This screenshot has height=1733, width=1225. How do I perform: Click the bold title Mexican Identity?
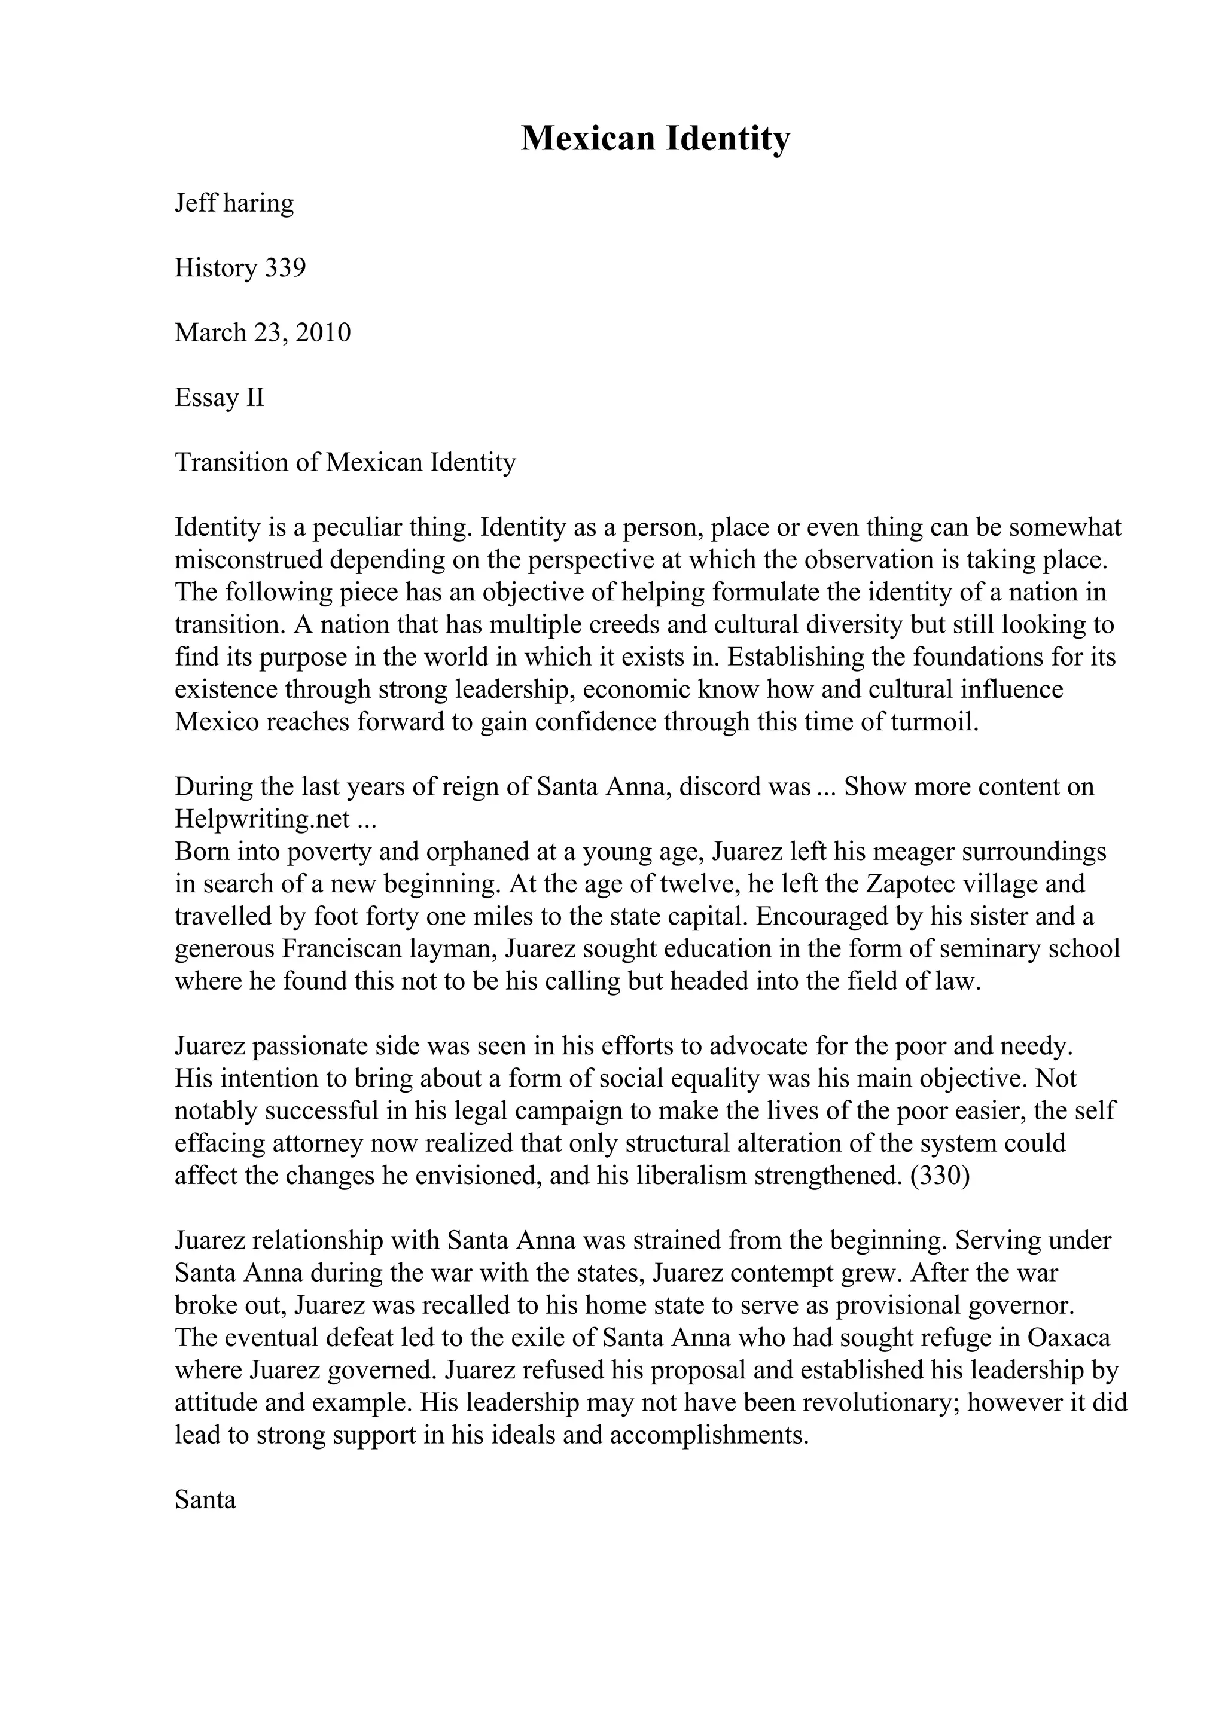[x=655, y=139]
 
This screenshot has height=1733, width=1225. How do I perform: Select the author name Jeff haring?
[x=234, y=203]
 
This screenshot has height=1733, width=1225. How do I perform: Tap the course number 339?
[x=285, y=268]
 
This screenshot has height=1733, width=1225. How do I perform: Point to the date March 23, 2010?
[x=263, y=333]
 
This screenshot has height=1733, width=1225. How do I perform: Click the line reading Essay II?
[x=220, y=398]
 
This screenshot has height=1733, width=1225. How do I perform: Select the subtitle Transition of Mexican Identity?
[x=345, y=462]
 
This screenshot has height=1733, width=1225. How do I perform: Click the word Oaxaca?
[x=1069, y=1338]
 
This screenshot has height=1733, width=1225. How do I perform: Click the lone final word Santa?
[x=205, y=1499]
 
